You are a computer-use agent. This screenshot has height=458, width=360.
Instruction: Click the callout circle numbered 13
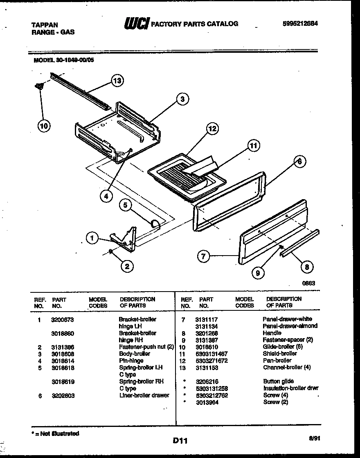click(x=117, y=81)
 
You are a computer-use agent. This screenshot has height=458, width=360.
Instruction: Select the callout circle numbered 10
click(x=43, y=126)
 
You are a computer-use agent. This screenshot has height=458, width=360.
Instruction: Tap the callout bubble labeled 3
click(x=183, y=99)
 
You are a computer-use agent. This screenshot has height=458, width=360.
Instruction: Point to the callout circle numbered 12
click(x=212, y=129)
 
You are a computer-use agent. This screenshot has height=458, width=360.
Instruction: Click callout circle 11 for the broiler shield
click(x=254, y=145)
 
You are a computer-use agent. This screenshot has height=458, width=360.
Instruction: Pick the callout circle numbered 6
click(x=299, y=162)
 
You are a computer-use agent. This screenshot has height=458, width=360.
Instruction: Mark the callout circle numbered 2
click(x=127, y=266)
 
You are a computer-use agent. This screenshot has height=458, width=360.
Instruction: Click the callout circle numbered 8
click(x=307, y=267)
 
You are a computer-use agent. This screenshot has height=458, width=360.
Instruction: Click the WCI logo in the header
click(x=137, y=24)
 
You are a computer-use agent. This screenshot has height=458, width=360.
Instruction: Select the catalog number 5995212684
click(x=300, y=24)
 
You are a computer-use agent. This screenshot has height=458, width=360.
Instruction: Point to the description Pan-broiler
click(x=277, y=361)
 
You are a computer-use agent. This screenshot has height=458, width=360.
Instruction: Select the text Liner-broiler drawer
click(x=144, y=395)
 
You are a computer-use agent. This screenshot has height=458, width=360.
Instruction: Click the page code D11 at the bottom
click(x=180, y=440)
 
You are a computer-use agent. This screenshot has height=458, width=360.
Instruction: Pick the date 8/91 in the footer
click(x=314, y=438)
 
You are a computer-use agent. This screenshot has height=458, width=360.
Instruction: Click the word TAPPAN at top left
click(x=45, y=25)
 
